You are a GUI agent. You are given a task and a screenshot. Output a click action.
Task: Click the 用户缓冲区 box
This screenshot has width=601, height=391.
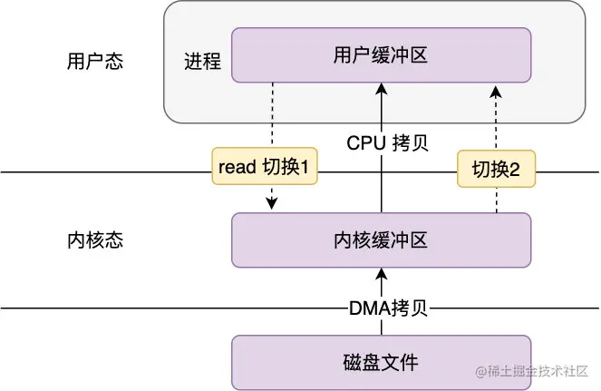click(x=382, y=54)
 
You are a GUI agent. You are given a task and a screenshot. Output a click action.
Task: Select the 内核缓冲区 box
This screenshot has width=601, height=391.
click(x=382, y=240)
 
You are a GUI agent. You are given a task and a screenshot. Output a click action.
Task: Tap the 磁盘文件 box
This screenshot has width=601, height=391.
click(x=382, y=363)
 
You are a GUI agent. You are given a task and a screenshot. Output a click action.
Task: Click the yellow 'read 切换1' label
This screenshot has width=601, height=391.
click(x=265, y=166)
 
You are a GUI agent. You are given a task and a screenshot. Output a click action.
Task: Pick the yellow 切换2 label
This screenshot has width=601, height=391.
click(x=497, y=169)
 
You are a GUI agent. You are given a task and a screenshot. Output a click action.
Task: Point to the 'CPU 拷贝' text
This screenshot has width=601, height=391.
click(x=387, y=143)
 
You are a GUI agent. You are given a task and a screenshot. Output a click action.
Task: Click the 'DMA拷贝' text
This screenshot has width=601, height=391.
click(x=388, y=308)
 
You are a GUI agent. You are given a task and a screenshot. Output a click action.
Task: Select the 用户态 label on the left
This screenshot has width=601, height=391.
click(x=95, y=61)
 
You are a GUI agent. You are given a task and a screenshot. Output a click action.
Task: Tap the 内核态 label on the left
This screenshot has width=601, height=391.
click(x=95, y=240)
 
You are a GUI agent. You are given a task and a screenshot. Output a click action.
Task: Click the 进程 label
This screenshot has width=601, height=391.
click(x=203, y=61)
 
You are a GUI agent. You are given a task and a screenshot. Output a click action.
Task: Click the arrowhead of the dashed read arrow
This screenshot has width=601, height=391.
click(x=272, y=204)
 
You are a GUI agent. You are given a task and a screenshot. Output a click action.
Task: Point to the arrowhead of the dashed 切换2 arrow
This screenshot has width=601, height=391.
click(x=496, y=92)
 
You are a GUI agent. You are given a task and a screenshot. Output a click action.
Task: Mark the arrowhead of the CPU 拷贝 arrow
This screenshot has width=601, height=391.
click(x=382, y=89)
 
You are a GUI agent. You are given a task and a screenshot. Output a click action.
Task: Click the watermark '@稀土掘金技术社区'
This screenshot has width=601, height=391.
click(x=532, y=371)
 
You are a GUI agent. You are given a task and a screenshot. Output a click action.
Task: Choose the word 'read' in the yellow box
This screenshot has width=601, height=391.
click(x=237, y=167)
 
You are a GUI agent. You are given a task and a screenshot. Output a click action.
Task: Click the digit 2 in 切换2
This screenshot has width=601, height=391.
click(x=514, y=170)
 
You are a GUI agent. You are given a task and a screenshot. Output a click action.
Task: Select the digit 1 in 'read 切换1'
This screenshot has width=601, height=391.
click(x=305, y=167)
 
